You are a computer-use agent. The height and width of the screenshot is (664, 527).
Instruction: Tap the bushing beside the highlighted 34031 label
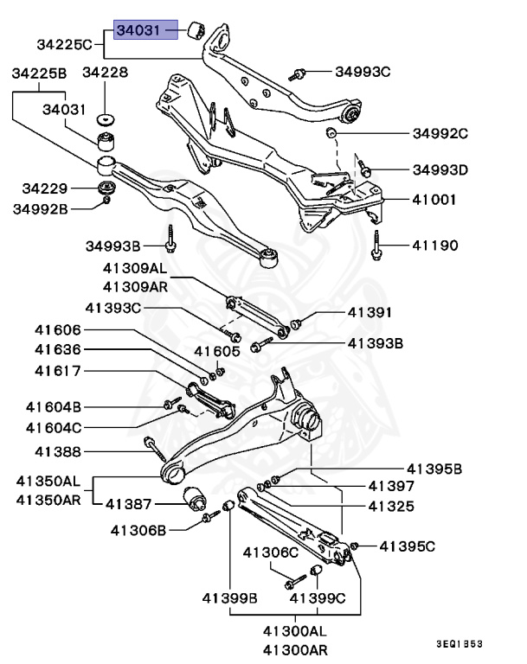(x=196, y=32)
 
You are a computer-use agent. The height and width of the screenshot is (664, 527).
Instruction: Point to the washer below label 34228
(x=107, y=118)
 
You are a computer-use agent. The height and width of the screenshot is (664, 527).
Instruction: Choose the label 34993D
(x=439, y=169)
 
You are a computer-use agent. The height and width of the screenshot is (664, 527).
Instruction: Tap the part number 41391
(x=371, y=312)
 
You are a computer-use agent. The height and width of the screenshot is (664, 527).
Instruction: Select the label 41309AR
(x=135, y=286)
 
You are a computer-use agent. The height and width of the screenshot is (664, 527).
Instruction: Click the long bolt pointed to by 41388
(x=155, y=450)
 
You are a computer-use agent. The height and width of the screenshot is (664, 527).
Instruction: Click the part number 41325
(x=391, y=506)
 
